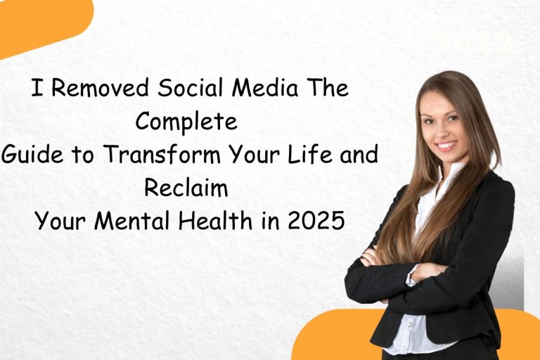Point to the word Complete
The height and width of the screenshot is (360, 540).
(186, 122)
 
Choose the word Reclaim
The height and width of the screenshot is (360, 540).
(187, 188)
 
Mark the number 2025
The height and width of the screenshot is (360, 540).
(319, 221)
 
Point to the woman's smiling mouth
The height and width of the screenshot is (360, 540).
(446, 146)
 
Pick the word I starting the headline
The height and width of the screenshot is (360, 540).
(35, 89)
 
